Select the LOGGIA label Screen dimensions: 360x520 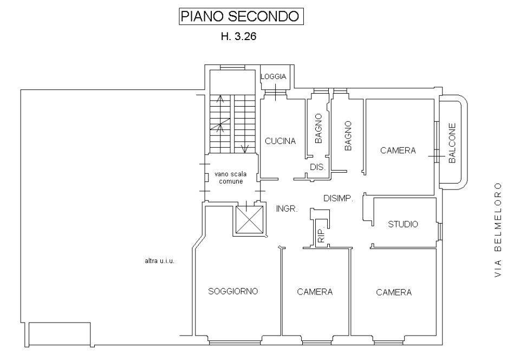pyautogui.click(x=274, y=77)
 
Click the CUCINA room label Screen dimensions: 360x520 pyautogui.click(x=280, y=141)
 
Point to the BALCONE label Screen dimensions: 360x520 pyautogui.click(x=452, y=143)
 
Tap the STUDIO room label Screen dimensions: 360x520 pyautogui.click(x=403, y=224)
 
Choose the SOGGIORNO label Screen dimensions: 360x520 pyautogui.click(x=233, y=291)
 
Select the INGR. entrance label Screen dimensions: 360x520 pyautogui.click(x=287, y=208)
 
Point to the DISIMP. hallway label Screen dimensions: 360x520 pyautogui.click(x=339, y=198)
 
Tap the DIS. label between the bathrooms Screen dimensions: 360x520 pyautogui.click(x=317, y=167)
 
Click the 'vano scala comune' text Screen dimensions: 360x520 pyautogui.click(x=231, y=178)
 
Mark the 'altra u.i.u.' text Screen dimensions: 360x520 pyautogui.click(x=159, y=261)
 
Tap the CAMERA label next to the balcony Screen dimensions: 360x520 pyautogui.click(x=398, y=150)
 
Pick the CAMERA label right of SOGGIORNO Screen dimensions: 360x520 pyautogui.click(x=315, y=292)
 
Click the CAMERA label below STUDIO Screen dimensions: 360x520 pyautogui.click(x=394, y=292)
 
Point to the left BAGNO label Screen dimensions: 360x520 pyautogui.click(x=319, y=128)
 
